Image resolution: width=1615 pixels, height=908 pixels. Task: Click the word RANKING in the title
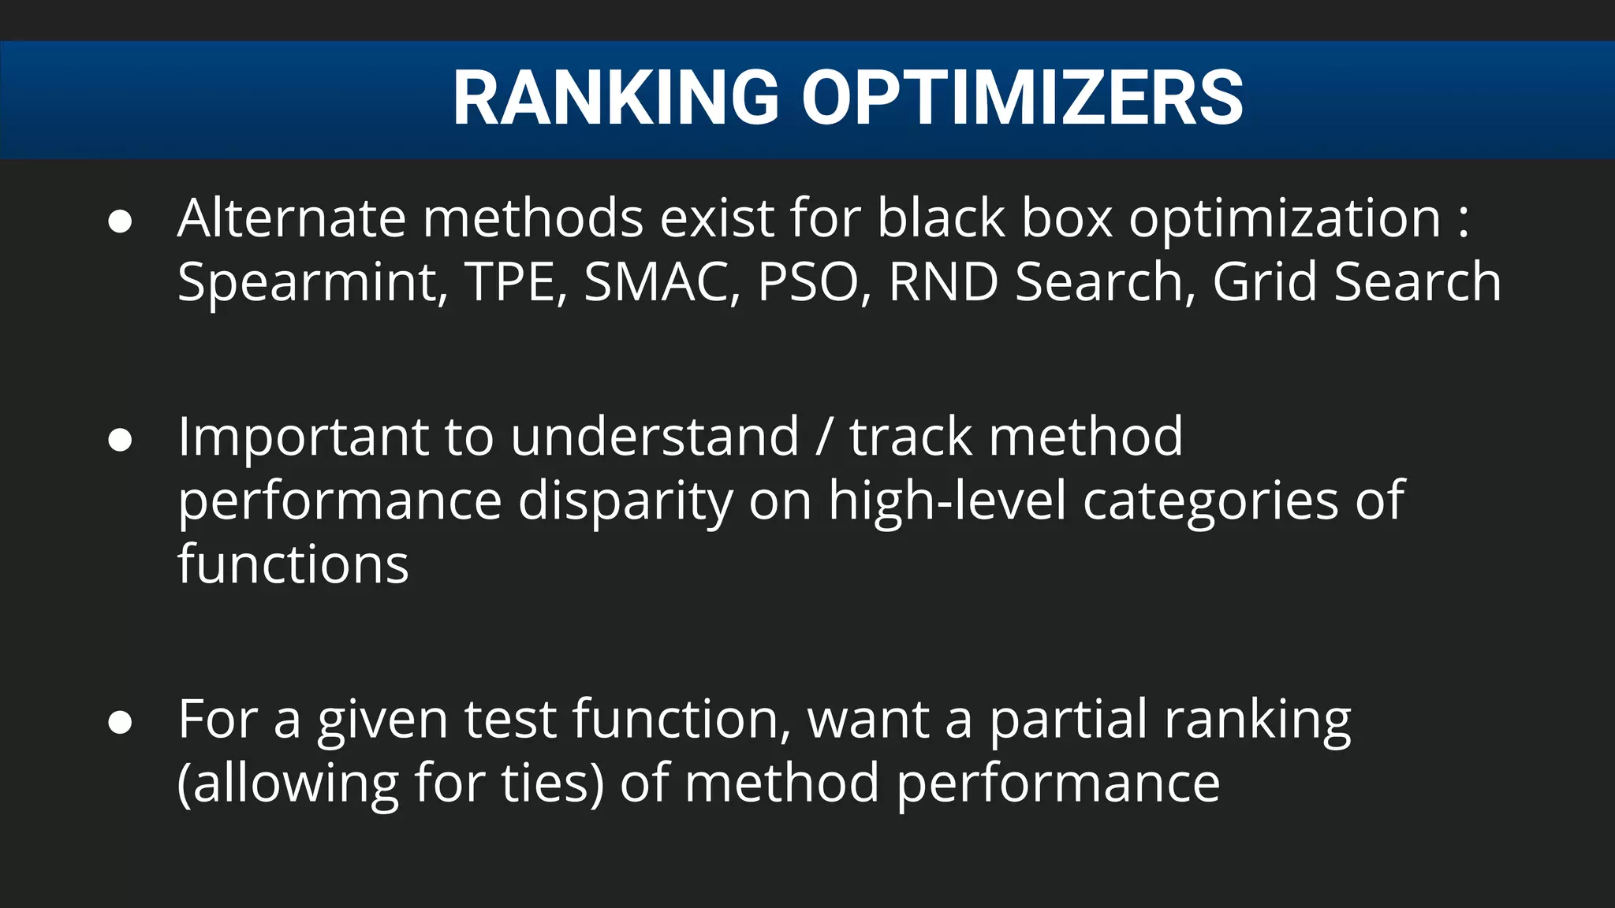click(x=616, y=98)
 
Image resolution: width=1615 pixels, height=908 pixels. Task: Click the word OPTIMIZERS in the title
click(x=1022, y=98)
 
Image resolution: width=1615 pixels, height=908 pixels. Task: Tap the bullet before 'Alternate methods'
click(x=120, y=221)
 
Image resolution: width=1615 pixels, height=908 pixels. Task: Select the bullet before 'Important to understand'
click(x=120, y=440)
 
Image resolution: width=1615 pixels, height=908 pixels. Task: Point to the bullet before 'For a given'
click(x=120, y=722)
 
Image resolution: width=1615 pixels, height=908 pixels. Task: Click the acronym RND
click(x=943, y=282)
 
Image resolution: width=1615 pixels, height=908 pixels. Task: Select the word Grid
click(x=1264, y=282)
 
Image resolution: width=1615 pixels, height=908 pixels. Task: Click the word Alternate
click(x=292, y=218)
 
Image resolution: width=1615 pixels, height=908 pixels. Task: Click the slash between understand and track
click(x=824, y=437)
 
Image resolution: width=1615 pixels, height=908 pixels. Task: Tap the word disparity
click(x=625, y=503)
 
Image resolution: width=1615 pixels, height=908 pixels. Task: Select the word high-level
click(x=947, y=501)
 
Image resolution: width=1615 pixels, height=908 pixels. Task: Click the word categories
click(x=1210, y=503)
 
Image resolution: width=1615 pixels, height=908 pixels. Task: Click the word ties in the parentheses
click(x=553, y=783)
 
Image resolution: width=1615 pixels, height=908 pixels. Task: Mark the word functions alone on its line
click(x=293, y=564)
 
